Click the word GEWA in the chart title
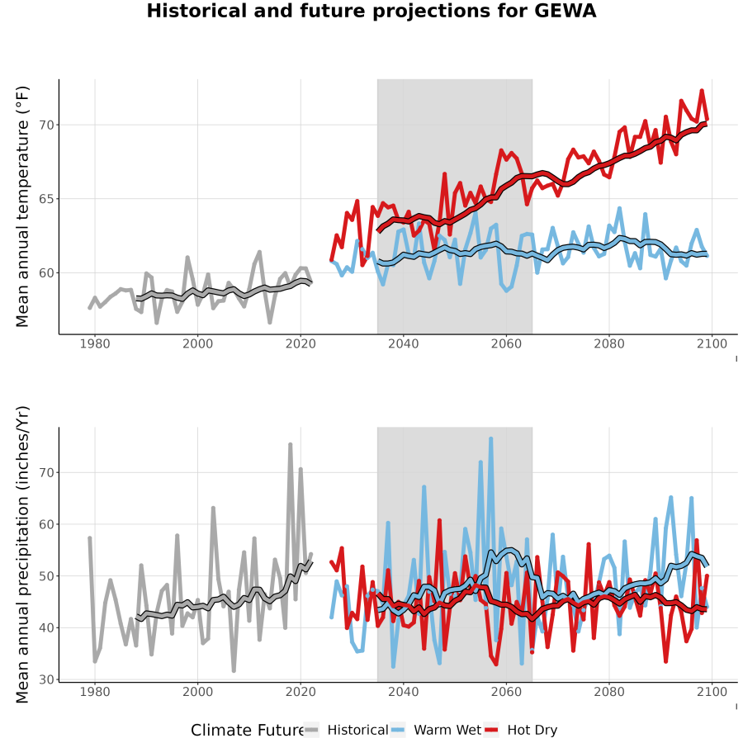(x=565, y=11)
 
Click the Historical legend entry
(x=345, y=730)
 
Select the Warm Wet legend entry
(x=435, y=730)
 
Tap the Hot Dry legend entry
(x=520, y=730)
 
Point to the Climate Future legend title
(x=248, y=731)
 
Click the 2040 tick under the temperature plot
(x=403, y=343)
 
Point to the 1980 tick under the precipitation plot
(x=95, y=692)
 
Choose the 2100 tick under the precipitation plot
(x=712, y=692)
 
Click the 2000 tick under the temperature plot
(x=197, y=343)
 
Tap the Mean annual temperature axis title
(x=22, y=206)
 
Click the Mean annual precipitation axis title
(x=22, y=555)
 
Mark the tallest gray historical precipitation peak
(x=290, y=444)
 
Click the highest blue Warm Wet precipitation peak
(x=491, y=439)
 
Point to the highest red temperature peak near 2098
(x=702, y=91)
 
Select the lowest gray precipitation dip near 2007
(x=234, y=670)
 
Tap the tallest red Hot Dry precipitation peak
(x=439, y=520)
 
